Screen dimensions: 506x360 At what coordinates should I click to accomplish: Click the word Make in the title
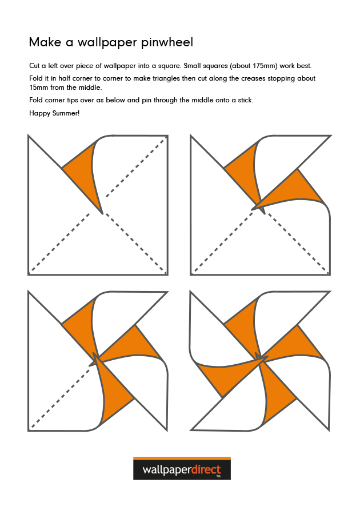coord(42,42)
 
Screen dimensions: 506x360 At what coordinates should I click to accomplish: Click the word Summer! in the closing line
coord(66,113)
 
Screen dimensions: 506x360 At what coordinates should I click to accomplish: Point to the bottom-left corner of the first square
coord(29,274)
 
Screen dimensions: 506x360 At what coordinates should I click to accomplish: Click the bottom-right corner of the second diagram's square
coord(330,274)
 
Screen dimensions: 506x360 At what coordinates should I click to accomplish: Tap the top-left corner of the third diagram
coord(29,292)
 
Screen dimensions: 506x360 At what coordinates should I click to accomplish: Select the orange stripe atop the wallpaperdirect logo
coord(182,458)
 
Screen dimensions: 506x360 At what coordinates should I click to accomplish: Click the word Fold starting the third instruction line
coord(37,100)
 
